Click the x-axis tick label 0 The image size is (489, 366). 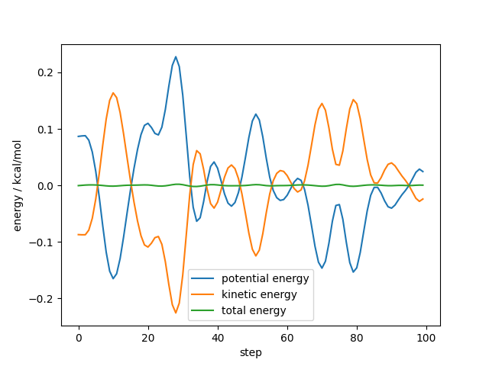[79, 337]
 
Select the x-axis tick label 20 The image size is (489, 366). [148, 337]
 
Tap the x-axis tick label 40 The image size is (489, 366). [218, 337]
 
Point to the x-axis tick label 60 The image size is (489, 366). [287, 337]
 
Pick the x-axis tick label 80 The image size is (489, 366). [357, 337]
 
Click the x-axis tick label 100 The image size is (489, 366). [426, 337]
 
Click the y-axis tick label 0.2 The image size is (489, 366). [47, 73]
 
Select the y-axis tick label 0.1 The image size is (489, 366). [47, 130]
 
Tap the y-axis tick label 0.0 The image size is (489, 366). [47, 186]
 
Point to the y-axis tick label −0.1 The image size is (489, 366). [44, 242]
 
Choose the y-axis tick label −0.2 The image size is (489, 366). [44, 299]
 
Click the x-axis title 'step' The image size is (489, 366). [251, 352]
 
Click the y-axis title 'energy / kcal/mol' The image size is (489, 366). [18, 185]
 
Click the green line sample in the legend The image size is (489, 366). [205, 310]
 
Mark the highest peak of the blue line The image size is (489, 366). [176, 56]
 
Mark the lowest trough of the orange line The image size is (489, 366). [176, 313]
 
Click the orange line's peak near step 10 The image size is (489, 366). [113, 93]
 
